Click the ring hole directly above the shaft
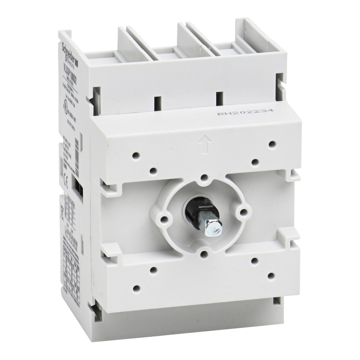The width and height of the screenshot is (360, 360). pyautogui.click(x=204, y=177)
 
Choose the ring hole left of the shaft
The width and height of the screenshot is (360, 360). pyautogui.click(x=165, y=218)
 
